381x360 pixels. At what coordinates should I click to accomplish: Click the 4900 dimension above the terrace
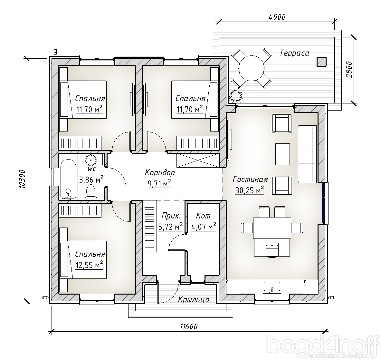[x=277, y=17]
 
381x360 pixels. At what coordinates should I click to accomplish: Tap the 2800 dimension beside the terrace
[x=348, y=70]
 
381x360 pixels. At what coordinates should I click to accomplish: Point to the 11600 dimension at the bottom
[x=189, y=326]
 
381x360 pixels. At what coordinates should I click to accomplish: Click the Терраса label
[x=294, y=53]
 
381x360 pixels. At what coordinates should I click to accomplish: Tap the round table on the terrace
[x=251, y=68]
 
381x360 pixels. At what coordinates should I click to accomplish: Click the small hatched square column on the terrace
[x=321, y=62]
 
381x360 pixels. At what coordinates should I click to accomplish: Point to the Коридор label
[x=160, y=172]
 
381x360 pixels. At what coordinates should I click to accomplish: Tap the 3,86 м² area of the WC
[x=91, y=180]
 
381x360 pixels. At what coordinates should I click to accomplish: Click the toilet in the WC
[x=90, y=192]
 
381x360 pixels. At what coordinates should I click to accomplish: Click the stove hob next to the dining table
[x=271, y=249]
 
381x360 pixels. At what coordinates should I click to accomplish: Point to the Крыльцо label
[x=194, y=299]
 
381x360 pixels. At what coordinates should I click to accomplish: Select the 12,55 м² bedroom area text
[x=89, y=265]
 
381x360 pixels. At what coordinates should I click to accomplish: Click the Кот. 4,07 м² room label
[x=204, y=221]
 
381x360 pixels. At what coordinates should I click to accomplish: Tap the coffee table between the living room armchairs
[x=282, y=154]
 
